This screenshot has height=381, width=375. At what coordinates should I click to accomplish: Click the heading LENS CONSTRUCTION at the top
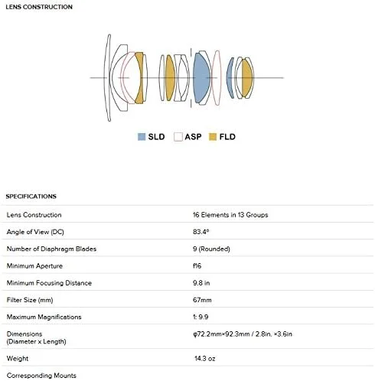(39, 7)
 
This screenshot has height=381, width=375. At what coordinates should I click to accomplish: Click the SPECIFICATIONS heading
(31, 197)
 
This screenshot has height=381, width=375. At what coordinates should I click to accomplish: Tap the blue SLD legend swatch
(142, 137)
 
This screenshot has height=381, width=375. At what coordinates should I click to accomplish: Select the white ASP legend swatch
(178, 137)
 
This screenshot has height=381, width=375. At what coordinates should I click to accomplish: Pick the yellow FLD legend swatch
(213, 137)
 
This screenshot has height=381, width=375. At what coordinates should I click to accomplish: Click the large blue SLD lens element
(201, 78)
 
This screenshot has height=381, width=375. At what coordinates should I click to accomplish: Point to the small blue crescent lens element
(230, 78)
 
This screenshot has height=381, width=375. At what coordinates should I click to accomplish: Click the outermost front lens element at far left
(107, 78)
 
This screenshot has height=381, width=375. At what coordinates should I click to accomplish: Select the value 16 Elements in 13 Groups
(230, 215)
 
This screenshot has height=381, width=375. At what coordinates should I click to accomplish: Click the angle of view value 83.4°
(201, 232)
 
